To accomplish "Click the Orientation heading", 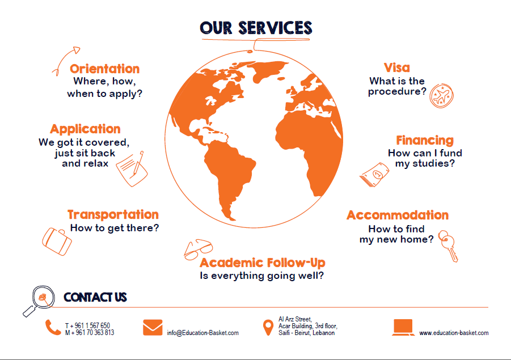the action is click(x=104, y=69).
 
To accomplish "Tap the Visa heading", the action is click(x=396, y=68).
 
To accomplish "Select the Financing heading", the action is click(x=425, y=140).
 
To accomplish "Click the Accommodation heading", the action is click(x=398, y=215).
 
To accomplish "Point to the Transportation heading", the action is click(x=113, y=214).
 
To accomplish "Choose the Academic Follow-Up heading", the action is click(x=263, y=262).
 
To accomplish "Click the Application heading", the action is click(x=86, y=129).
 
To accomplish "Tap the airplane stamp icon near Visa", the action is click(x=442, y=95).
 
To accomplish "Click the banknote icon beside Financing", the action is click(x=374, y=175).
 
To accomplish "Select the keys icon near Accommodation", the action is click(x=448, y=245).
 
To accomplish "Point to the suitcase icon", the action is click(x=57, y=241).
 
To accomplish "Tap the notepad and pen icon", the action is click(x=132, y=169).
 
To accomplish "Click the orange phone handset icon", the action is click(x=53, y=328).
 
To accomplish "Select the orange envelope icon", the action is click(x=153, y=328).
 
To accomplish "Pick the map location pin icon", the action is click(x=268, y=328).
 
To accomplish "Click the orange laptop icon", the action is click(x=403, y=328).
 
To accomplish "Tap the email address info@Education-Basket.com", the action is click(x=202, y=333).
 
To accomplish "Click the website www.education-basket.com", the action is click(x=454, y=333).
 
